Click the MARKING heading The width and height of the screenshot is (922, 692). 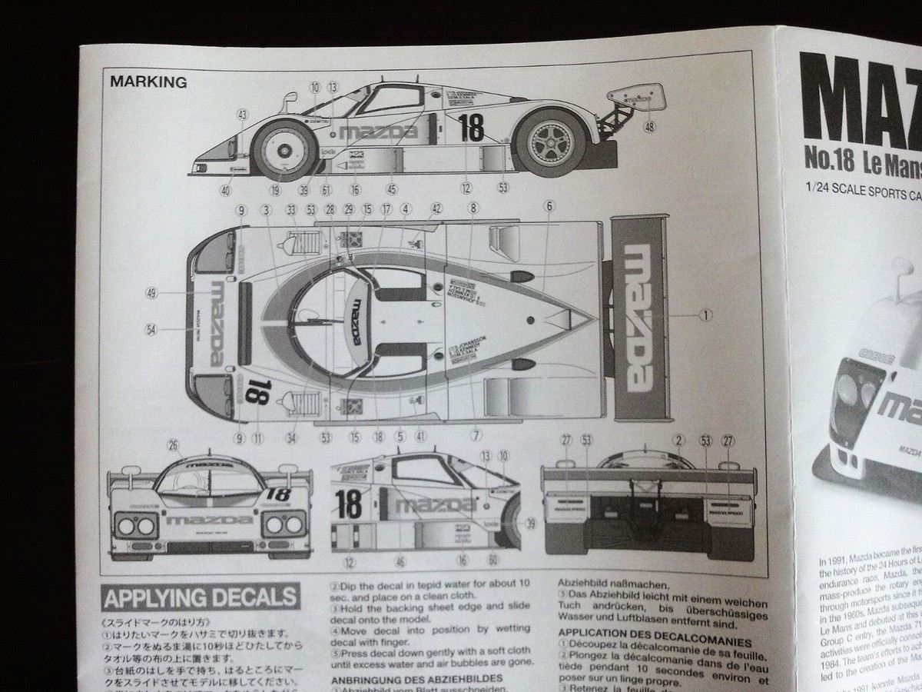148,82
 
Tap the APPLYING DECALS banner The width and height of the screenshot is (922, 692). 200,597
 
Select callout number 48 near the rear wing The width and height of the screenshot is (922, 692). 651,127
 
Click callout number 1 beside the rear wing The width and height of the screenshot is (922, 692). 705,314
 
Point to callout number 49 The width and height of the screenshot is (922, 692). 151,293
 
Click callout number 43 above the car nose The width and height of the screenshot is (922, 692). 242,115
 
